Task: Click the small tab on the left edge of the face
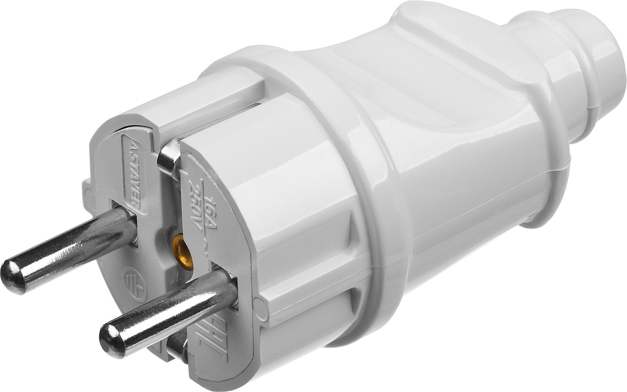[x=88, y=189]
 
